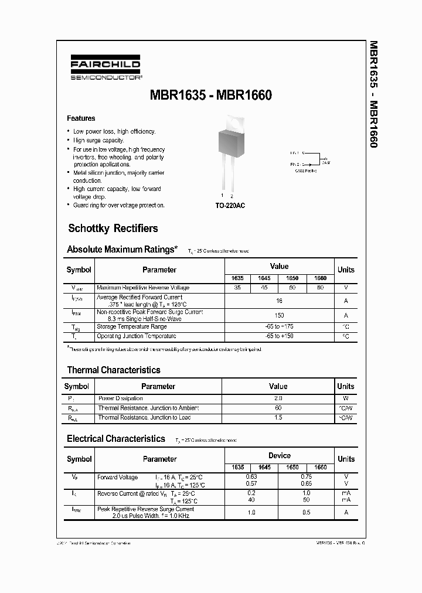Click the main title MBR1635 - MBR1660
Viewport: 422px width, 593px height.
[x=212, y=95]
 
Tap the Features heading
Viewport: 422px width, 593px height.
[x=81, y=118]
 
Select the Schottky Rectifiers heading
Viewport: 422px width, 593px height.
[x=113, y=229]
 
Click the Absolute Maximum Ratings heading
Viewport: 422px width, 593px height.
[x=122, y=250]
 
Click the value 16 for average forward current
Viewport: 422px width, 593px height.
[x=279, y=301]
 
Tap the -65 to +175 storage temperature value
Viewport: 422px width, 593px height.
[x=279, y=326]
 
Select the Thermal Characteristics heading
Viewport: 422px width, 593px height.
[x=114, y=370]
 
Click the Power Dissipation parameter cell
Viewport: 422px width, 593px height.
[x=120, y=398]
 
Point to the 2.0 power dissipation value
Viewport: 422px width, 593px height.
[x=278, y=398]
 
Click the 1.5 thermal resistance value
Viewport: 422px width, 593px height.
[x=278, y=417]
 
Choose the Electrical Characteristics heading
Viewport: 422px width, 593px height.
[x=116, y=439]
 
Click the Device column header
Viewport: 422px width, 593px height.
[x=279, y=455]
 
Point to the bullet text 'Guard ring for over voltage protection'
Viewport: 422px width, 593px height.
[x=119, y=206]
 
